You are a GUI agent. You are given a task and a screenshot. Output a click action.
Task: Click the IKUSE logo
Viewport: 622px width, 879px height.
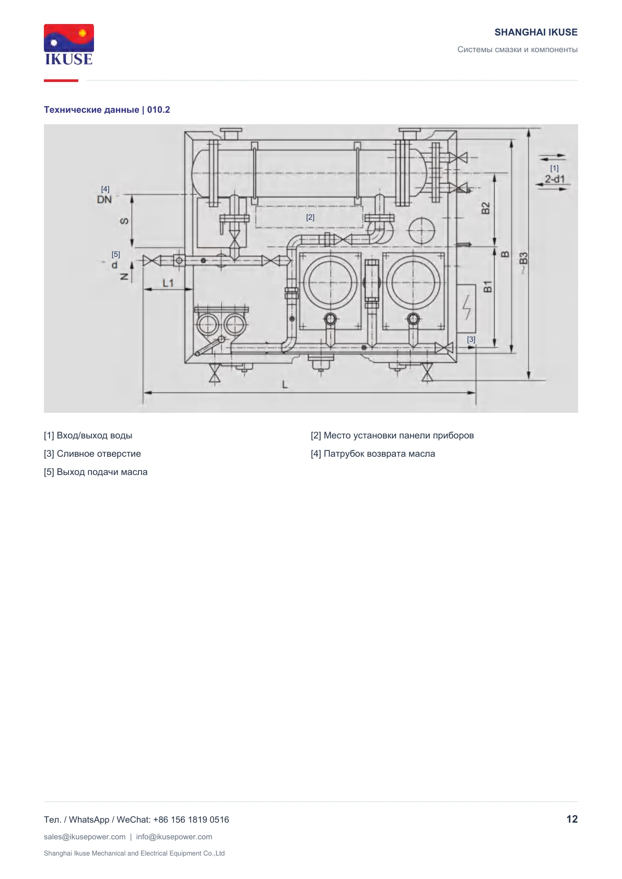pyautogui.click(x=69, y=44)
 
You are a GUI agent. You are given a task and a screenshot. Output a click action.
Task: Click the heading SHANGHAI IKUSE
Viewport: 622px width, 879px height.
pyautogui.click(x=536, y=32)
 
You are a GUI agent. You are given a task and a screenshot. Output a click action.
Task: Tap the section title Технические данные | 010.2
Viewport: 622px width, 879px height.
pyautogui.click(x=107, y=110)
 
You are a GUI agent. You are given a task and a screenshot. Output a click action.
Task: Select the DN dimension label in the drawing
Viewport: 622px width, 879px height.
pyautogui.click(x=104, y=199)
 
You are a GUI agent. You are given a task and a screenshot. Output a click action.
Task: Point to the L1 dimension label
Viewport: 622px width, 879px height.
pyautogui.click(x=168, y=282)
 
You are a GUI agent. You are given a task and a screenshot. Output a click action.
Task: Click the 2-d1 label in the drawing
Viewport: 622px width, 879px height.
pyautogui.click(x=555, y=179)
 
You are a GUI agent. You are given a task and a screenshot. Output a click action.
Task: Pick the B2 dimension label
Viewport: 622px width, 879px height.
pyautogui.click(x=486, y=208)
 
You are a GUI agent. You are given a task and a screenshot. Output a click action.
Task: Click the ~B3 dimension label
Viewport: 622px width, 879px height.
pyautogui.click(x=523, y=263)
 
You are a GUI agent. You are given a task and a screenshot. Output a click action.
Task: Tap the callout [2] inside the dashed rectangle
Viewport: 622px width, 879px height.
pyautogui.click(x=310, y=217)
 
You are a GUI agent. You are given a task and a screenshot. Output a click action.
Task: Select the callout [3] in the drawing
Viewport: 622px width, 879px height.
pyautogui.click(x=471, y=339)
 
